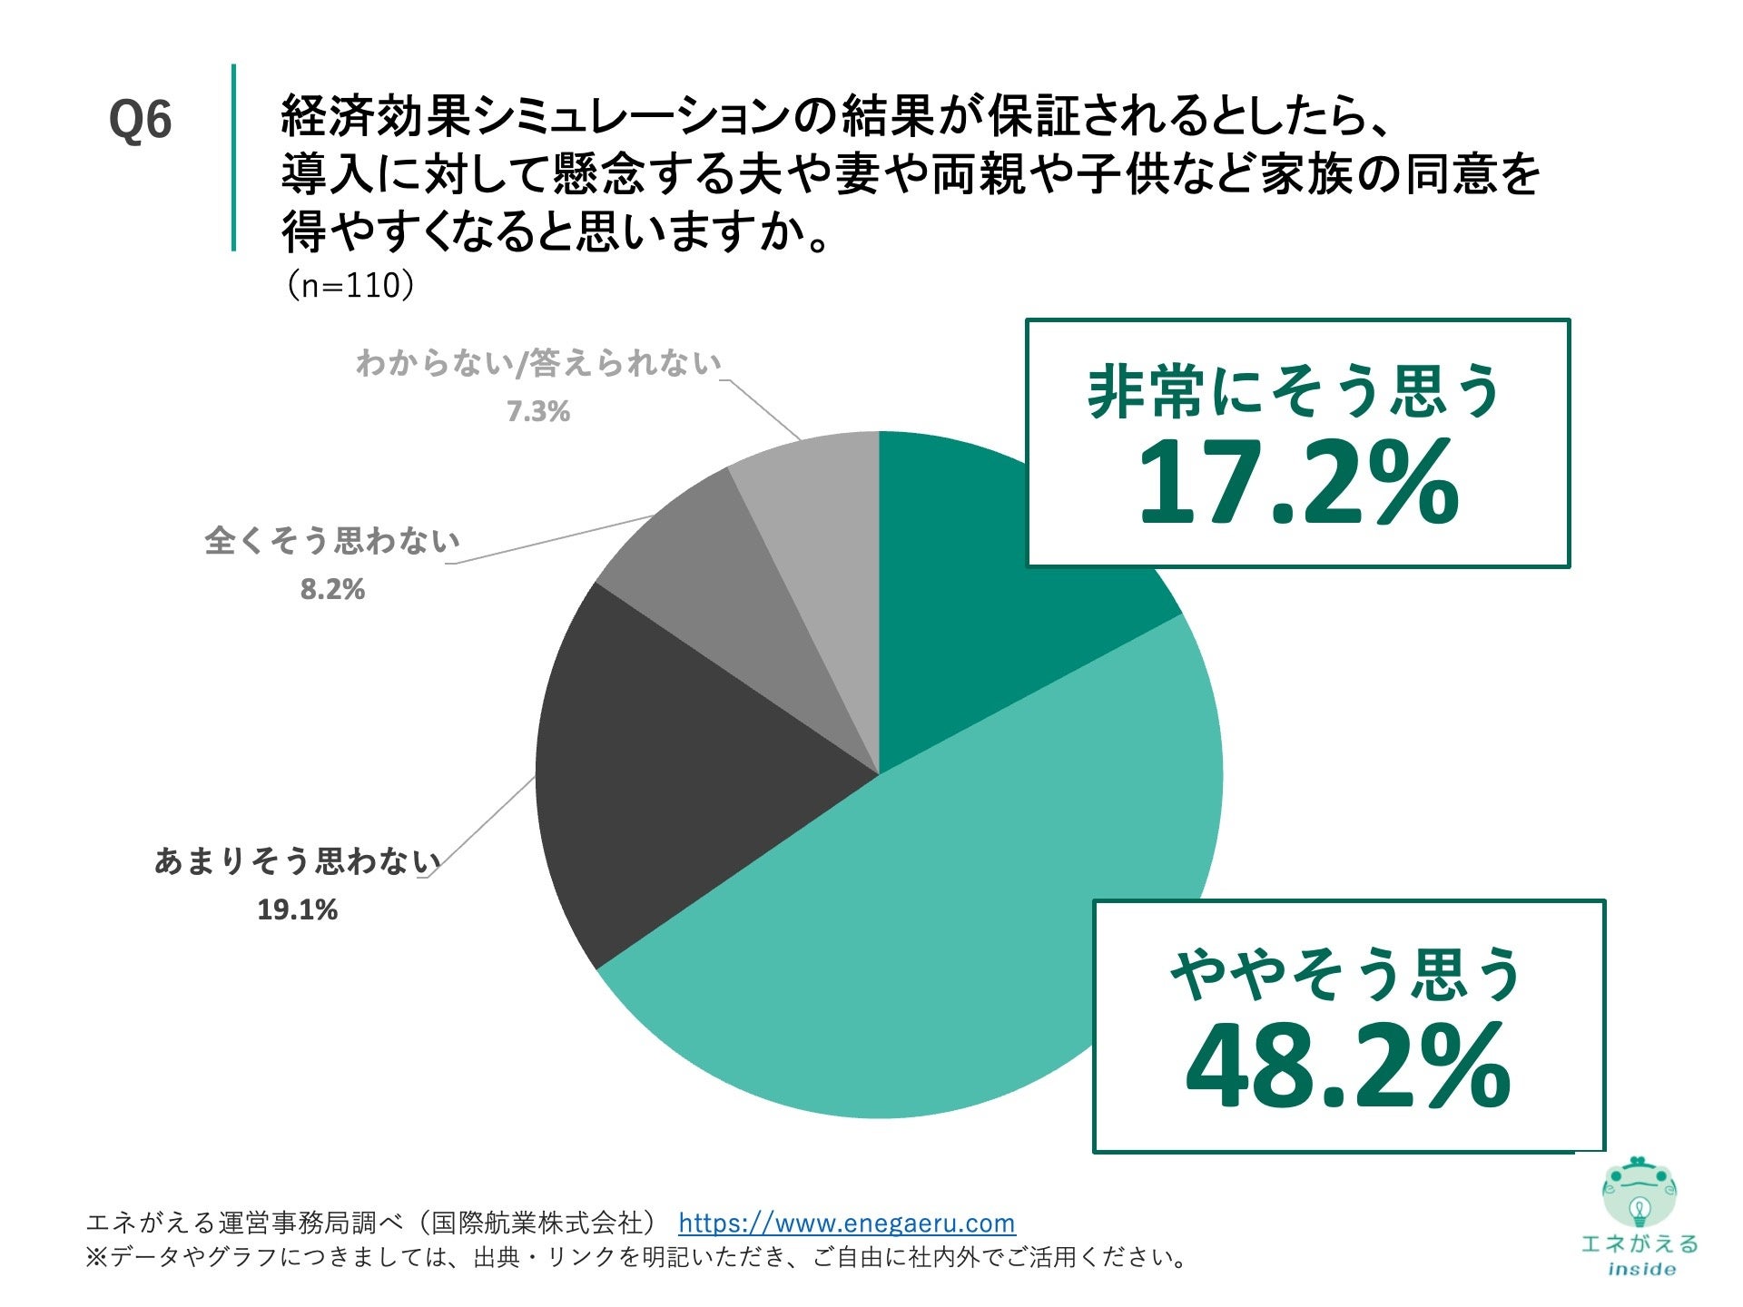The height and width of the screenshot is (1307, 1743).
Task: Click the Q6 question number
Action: coord(140,120)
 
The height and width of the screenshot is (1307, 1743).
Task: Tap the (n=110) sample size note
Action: coord(350,286)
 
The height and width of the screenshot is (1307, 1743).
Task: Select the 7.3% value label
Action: coord(538,412)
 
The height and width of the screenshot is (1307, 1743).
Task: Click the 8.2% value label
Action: coord(332,590)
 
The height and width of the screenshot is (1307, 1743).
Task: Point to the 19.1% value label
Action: coord(297,909)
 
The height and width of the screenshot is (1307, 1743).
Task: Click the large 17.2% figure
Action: coord(1297,482)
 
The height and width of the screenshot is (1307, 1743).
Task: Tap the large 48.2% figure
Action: coord(1347,1066)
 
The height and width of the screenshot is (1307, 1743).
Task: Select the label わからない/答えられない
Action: coord(538,363)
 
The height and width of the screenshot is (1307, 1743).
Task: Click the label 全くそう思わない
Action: coord(332,541)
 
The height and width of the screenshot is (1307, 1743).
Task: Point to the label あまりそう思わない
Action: coord(298,860)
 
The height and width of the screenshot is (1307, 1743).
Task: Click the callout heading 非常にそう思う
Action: coord(1295,392)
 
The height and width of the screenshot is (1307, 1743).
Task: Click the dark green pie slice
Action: coord(962,617)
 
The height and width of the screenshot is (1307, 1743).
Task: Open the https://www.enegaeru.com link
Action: coord(846,1223)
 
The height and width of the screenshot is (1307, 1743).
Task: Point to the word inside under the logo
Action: coord(1641,1270)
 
